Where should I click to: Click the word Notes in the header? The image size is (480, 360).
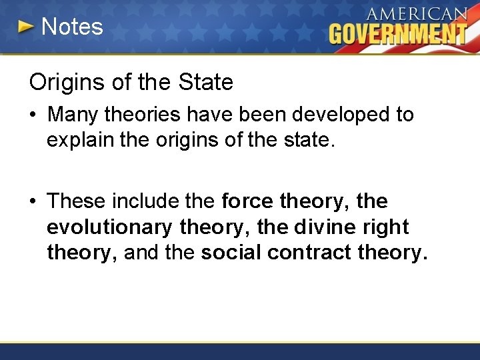tap(72, 27)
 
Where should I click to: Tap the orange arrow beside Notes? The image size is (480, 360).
tap(25, 27)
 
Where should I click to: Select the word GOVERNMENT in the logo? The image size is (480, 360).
tap(397, 33)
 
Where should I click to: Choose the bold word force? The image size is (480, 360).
tap(247, 201)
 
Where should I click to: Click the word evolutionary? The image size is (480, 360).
tap(109, 227)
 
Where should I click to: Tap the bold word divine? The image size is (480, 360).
tap(329, 227)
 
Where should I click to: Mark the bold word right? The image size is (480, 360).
tap(387, 227)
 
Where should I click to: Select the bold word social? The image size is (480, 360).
tap(231, 253)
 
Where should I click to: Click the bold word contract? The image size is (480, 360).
tap(309, 253)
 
